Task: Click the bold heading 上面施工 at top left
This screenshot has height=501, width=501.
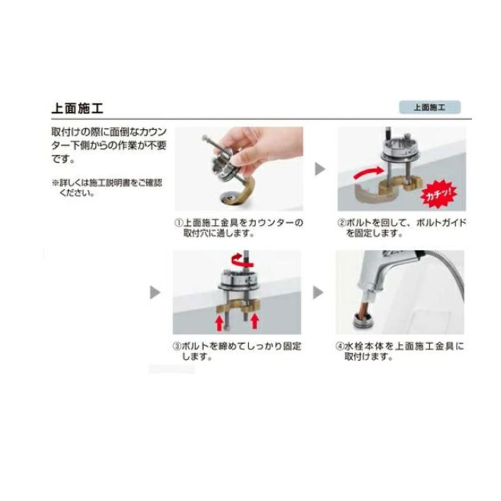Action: pyautogui.click(x=77, y=108)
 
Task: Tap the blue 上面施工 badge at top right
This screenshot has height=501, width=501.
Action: pyautogui.click(x=430, y=107)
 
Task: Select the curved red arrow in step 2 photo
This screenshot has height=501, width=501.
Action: pyautogui.click(x=368, y=173)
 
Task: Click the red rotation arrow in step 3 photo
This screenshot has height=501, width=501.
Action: pyautogui.click(x=242, y=261)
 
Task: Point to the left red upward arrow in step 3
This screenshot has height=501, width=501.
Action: pyautogui.click(x=219, y=323)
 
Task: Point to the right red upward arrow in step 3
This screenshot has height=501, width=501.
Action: pyautogui.click(x=254, y=321)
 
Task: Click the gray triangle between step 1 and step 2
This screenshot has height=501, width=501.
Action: pyautogui.click(x=320, y=168)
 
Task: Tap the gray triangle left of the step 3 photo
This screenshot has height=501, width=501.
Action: pyautogui.click(x=155, y=292)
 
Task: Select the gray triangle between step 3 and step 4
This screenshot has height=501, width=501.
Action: pyautogui.click(x=318, y=292)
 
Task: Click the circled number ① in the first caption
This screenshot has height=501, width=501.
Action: pyautogui.click(x=178, y=223)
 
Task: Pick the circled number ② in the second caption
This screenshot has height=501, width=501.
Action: pyautogui.click(x=341, y=223)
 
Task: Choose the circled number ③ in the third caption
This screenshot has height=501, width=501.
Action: pyautogui.click(x=177, y=346)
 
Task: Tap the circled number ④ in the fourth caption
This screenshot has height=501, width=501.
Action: pyautogui.click(x=339, y=346)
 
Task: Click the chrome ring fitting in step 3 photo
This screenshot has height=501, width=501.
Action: pyautogui.click(x=238, y=281)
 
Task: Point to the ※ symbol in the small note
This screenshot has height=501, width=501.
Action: pyautogui.click(x=55, y=183)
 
